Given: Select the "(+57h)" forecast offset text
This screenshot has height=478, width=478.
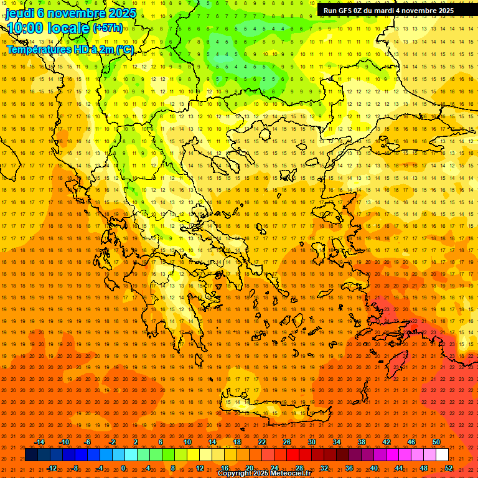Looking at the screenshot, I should [x=108, y=28].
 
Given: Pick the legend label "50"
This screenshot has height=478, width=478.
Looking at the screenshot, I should [x=436, y=442].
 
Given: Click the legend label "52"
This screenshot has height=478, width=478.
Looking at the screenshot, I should [x=449, y=468].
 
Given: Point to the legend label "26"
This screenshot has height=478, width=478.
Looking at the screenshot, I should [x=287, y=442].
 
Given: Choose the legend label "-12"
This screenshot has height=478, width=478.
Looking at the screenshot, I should [x=52, y=468].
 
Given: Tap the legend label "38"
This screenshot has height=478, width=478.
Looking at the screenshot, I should [x=362, y=442].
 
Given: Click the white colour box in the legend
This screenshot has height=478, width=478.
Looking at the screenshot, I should [x=442, y=455].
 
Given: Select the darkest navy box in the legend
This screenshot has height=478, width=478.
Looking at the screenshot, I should [x=32, y=455].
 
